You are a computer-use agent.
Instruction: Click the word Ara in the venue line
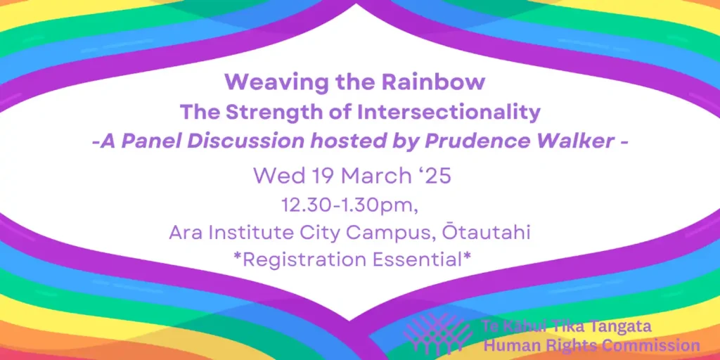click(186, 232)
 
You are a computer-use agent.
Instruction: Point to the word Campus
click(390, 233)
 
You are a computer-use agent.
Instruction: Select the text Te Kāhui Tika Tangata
click(566, 326)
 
